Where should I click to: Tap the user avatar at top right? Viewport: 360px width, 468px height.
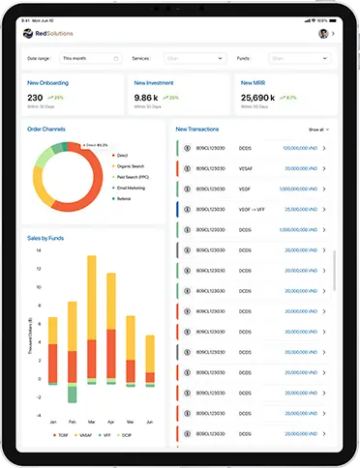322,33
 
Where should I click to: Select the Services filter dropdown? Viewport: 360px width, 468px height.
194,58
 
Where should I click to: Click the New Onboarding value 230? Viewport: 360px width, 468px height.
35,98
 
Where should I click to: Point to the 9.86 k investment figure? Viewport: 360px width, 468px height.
146,98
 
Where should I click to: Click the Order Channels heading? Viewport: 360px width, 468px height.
47,128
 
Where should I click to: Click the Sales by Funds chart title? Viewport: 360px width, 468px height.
47,236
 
